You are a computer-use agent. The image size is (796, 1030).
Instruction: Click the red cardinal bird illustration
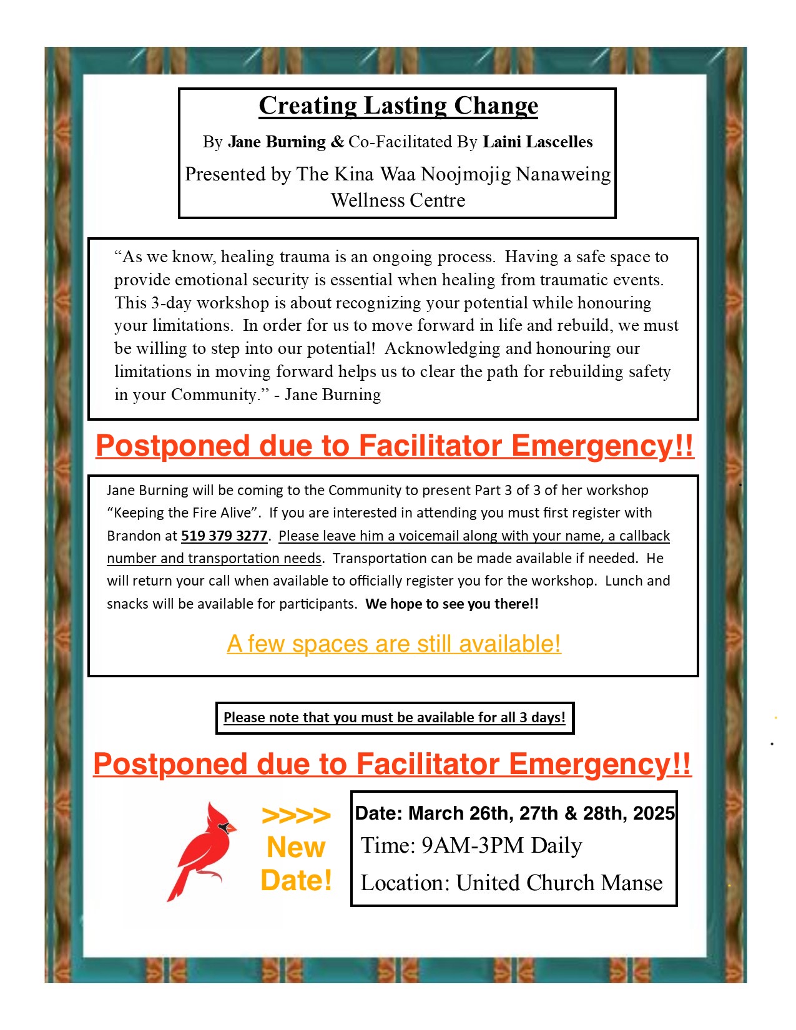[202, 849]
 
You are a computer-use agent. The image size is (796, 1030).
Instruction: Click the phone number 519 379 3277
[224, 536]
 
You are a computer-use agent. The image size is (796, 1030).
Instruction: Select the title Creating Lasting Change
[398, 105]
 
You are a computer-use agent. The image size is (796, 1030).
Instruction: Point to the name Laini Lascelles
[538, 142]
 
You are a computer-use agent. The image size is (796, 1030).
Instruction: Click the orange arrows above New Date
[296, 815]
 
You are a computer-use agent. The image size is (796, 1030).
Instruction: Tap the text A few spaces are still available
[394, 644]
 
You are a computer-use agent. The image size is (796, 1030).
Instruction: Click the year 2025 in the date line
[654, 813]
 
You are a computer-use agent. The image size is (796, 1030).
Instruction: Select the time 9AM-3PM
[473, 845]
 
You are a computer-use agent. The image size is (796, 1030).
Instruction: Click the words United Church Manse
[559, 883]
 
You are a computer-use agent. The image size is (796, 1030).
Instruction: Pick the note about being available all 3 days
[395, 717]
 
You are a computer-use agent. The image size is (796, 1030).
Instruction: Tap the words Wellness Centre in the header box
[398, 200]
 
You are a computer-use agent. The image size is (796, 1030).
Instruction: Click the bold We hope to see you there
[452, 604]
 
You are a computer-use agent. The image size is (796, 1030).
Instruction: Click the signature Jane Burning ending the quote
[333, 395]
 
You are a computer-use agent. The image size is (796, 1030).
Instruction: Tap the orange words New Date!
[296, 864]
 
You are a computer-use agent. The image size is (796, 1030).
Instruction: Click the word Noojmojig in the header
[466, 174]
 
